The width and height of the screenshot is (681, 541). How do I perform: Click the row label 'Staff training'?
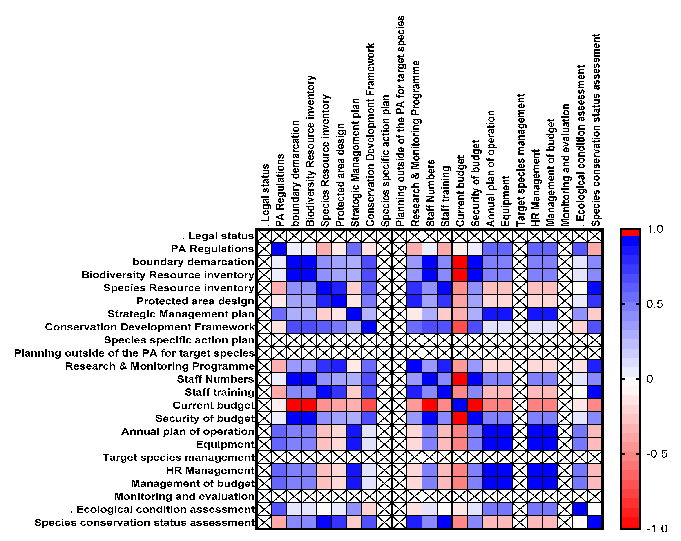pos(219,392)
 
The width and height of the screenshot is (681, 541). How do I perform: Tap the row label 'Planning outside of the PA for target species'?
pos(134,353)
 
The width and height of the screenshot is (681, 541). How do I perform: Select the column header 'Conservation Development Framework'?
pos(370,135)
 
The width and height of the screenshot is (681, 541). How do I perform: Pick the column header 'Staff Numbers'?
pos(430,193)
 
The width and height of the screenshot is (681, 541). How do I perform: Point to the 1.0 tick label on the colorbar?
pos(654,229)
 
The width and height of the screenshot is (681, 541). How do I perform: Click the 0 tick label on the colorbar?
pos(650,379)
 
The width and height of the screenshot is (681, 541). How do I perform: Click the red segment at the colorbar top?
pos(630,233)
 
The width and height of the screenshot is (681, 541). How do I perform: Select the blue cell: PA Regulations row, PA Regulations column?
pos(279,249)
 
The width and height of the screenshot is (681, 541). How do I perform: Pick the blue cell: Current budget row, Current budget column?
pos(460,405)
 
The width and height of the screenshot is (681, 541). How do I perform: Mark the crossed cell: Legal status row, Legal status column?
pos(264,236)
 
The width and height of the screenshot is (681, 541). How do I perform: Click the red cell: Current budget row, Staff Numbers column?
pos(430,405)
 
